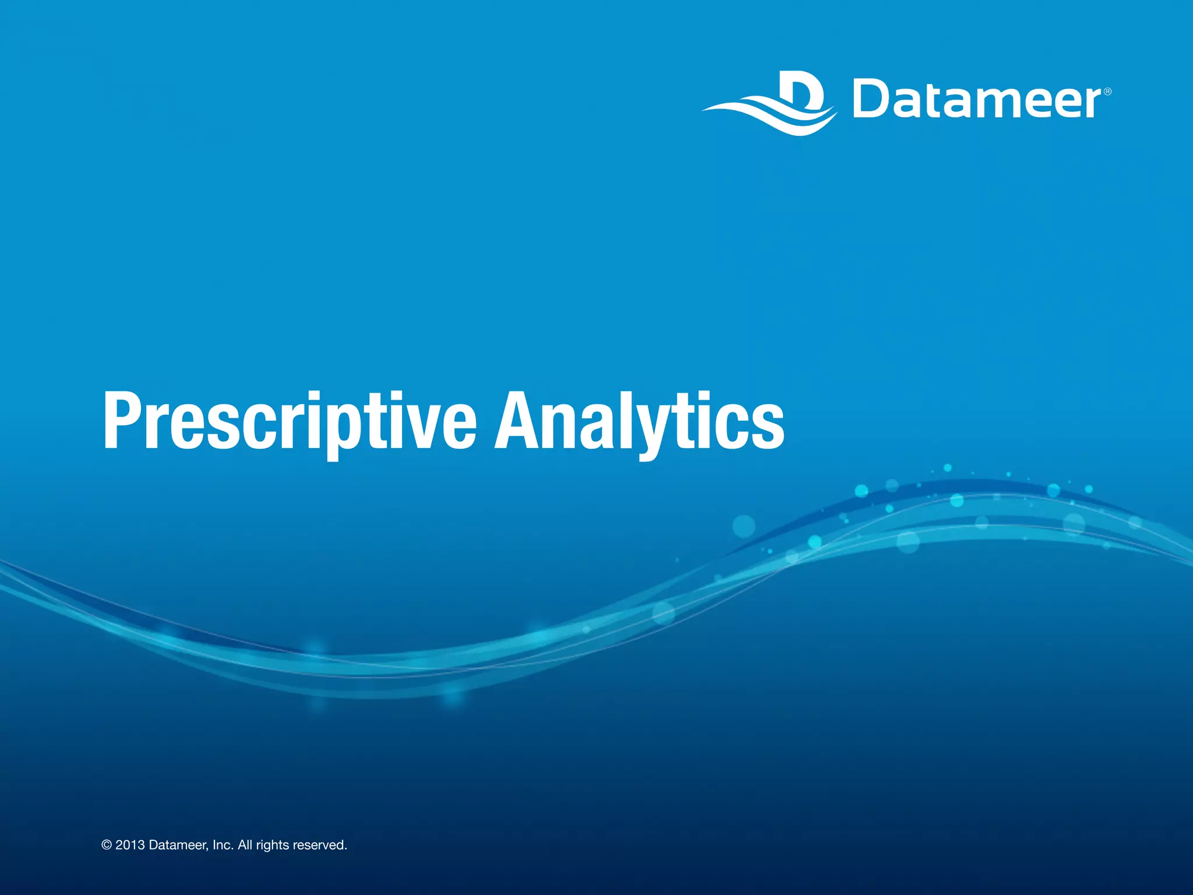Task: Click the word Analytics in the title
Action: click(639, 421)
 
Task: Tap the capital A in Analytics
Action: click(517, 421)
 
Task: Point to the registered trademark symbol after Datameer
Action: click(1107, 91)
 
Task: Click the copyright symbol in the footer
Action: click(106, 845)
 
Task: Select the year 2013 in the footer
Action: click(130, 845)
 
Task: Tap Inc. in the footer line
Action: click(223, 845)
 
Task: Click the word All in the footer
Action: click(245, 845)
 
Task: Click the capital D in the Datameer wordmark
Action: click(874, 100)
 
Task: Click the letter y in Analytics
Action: click(661, 428)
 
